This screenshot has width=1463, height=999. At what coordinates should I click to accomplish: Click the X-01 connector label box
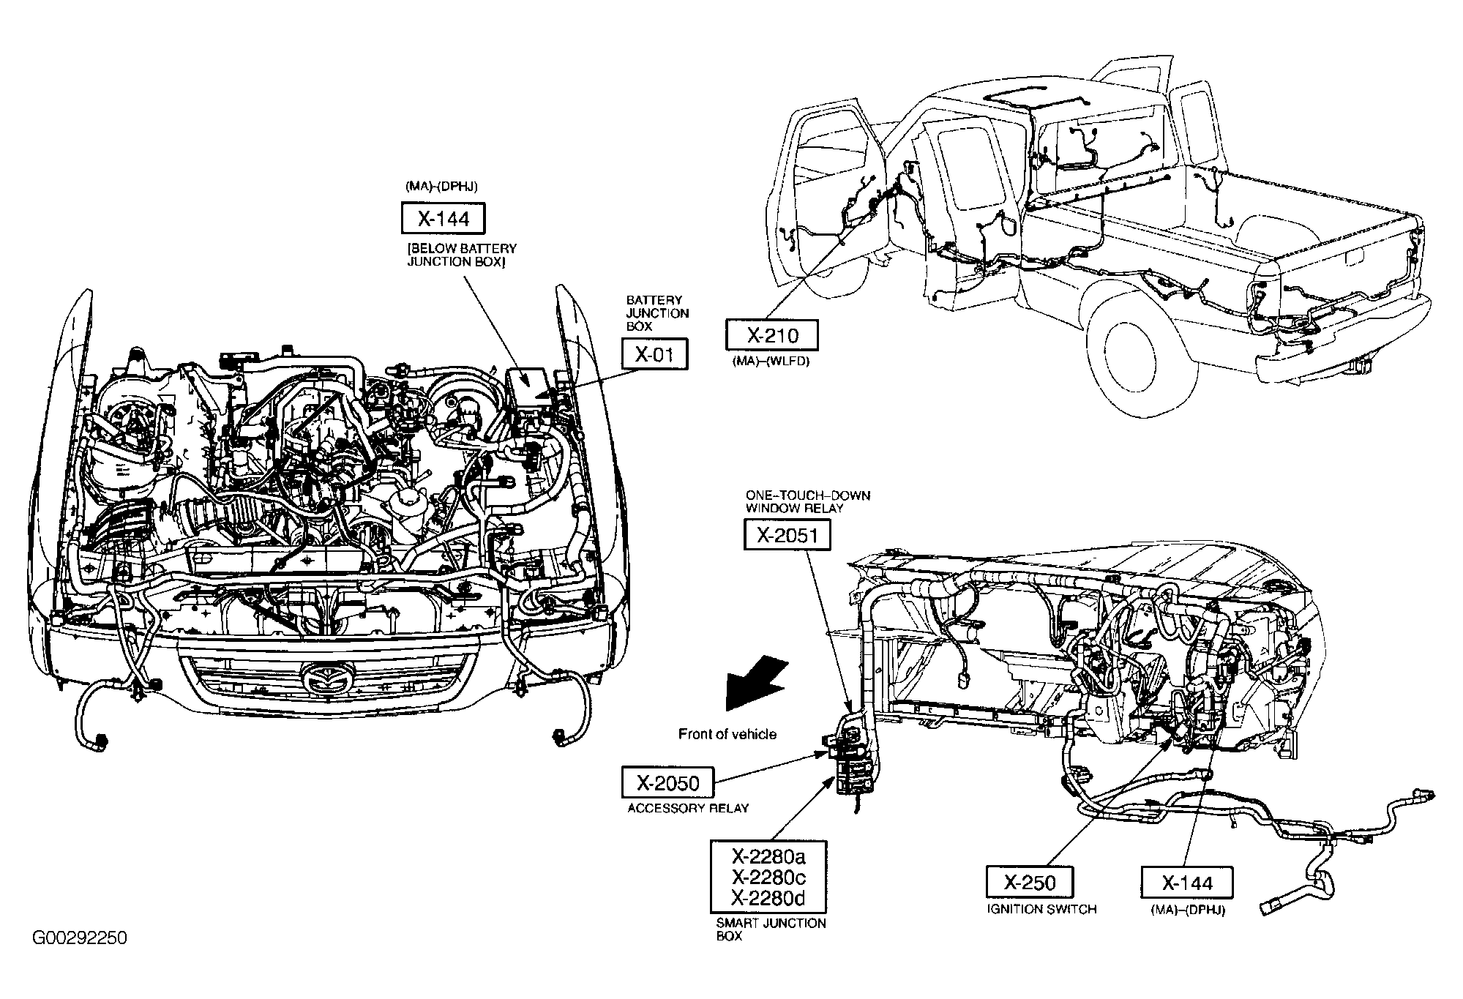(654, 354)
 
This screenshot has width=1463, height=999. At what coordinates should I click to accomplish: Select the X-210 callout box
(772, 336)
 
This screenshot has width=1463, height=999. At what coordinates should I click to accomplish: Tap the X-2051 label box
(787, 535)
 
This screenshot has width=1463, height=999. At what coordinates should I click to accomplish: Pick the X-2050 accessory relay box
(667, 783)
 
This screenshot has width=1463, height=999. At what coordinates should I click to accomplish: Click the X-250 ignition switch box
(1030, 883)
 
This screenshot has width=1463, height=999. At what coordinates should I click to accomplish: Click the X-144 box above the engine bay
(444, 218)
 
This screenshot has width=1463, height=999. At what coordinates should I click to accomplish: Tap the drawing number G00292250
(79, 938)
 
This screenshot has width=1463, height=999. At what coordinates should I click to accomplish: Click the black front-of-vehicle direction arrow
(755, 681)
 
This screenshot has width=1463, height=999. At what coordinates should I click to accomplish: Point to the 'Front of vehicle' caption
(727, 734)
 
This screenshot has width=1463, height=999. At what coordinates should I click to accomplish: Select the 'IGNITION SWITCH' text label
(1041, 910)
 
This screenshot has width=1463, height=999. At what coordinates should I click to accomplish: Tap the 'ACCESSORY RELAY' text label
(688, 809)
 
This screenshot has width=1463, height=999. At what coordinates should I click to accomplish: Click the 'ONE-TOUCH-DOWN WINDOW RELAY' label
(807, 501)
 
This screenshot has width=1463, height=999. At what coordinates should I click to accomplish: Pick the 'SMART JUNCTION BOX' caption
(771, 929)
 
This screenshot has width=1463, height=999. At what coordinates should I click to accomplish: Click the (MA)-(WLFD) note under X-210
(771, 362)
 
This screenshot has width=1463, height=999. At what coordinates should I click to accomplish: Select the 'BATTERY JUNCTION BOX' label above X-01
(657, 313)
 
